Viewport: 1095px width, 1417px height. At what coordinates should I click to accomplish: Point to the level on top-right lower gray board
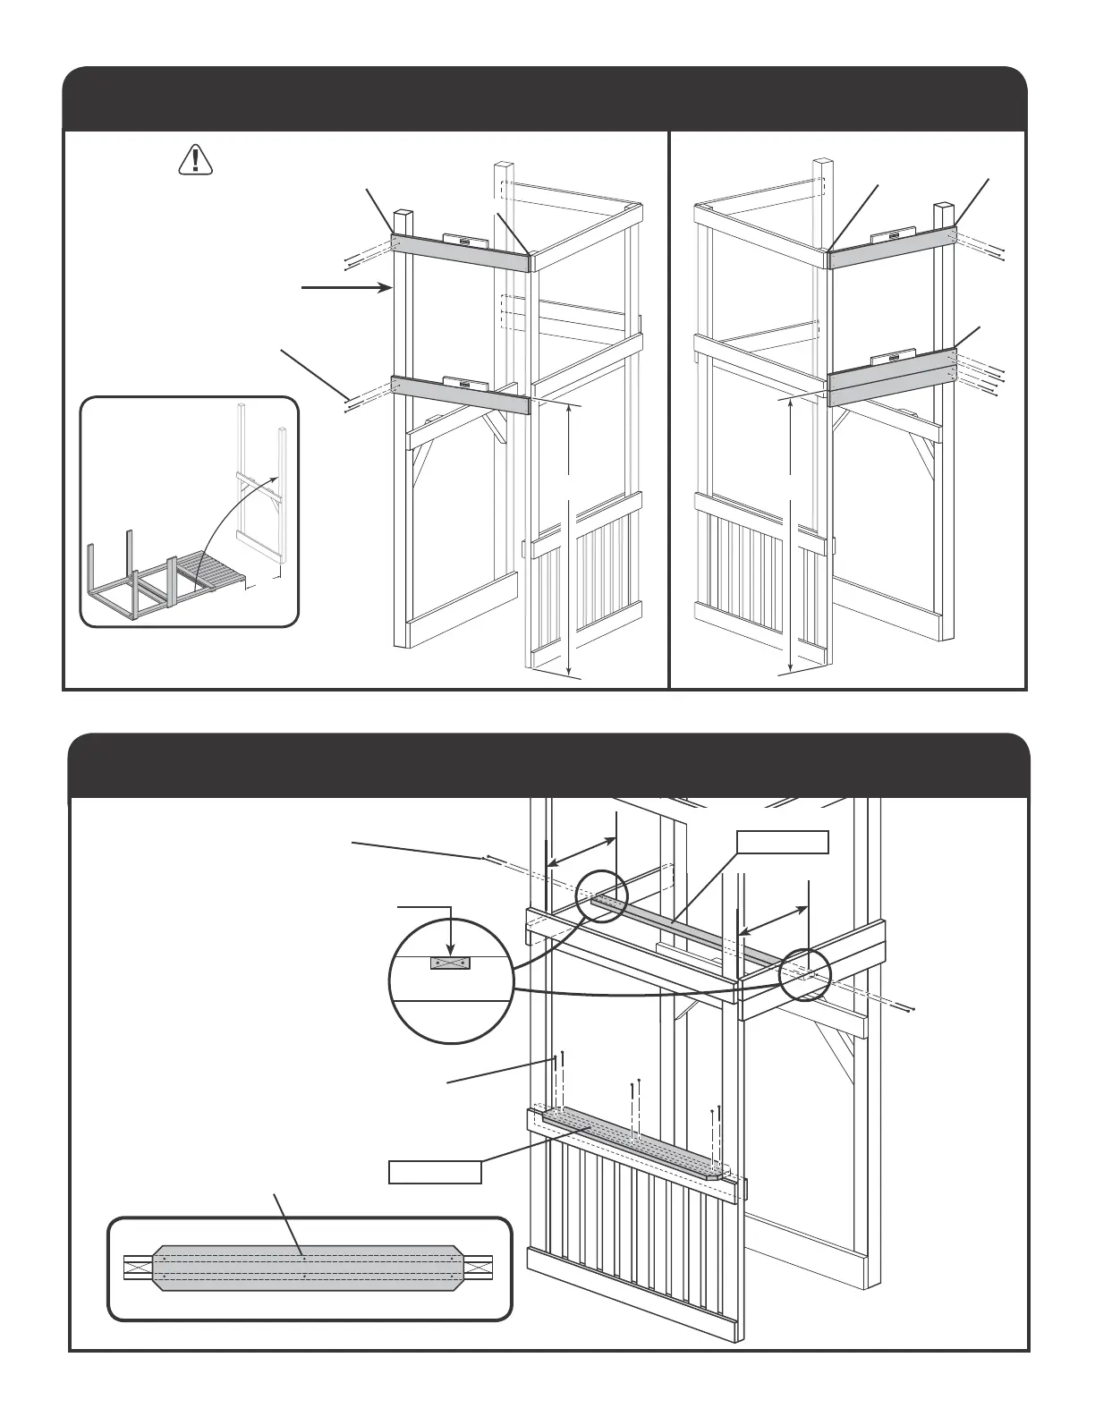click(892, 357)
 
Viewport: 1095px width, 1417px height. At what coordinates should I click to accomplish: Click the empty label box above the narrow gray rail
click(782, 842)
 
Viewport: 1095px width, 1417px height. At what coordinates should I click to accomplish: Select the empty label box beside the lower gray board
click(435, 1171)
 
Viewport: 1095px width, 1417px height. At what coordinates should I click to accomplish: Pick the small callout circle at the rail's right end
click(805, 974)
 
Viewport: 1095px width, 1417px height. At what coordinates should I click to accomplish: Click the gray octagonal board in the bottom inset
click(308, 1267)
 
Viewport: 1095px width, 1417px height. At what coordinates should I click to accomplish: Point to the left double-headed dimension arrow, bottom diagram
click(581, 851)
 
